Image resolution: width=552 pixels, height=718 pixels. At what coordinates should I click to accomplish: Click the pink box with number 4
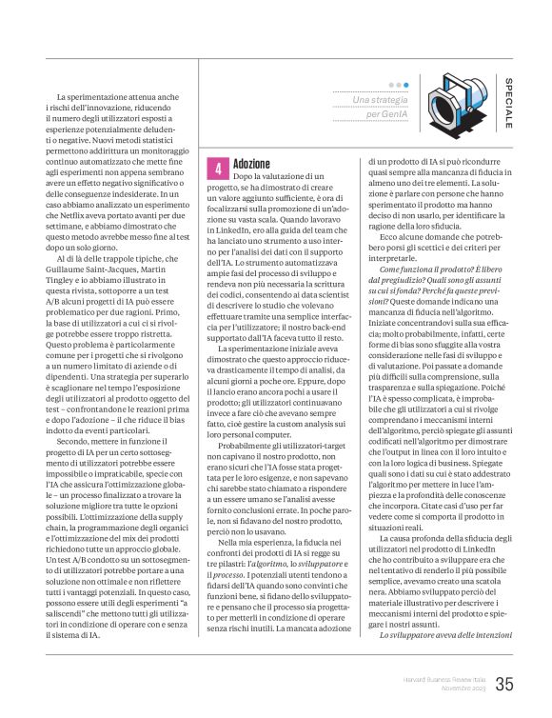(219, 169)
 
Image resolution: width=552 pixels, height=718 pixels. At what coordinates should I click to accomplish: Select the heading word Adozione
(251, 164)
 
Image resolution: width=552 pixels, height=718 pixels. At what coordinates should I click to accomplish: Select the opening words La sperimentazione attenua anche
(100, 98)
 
